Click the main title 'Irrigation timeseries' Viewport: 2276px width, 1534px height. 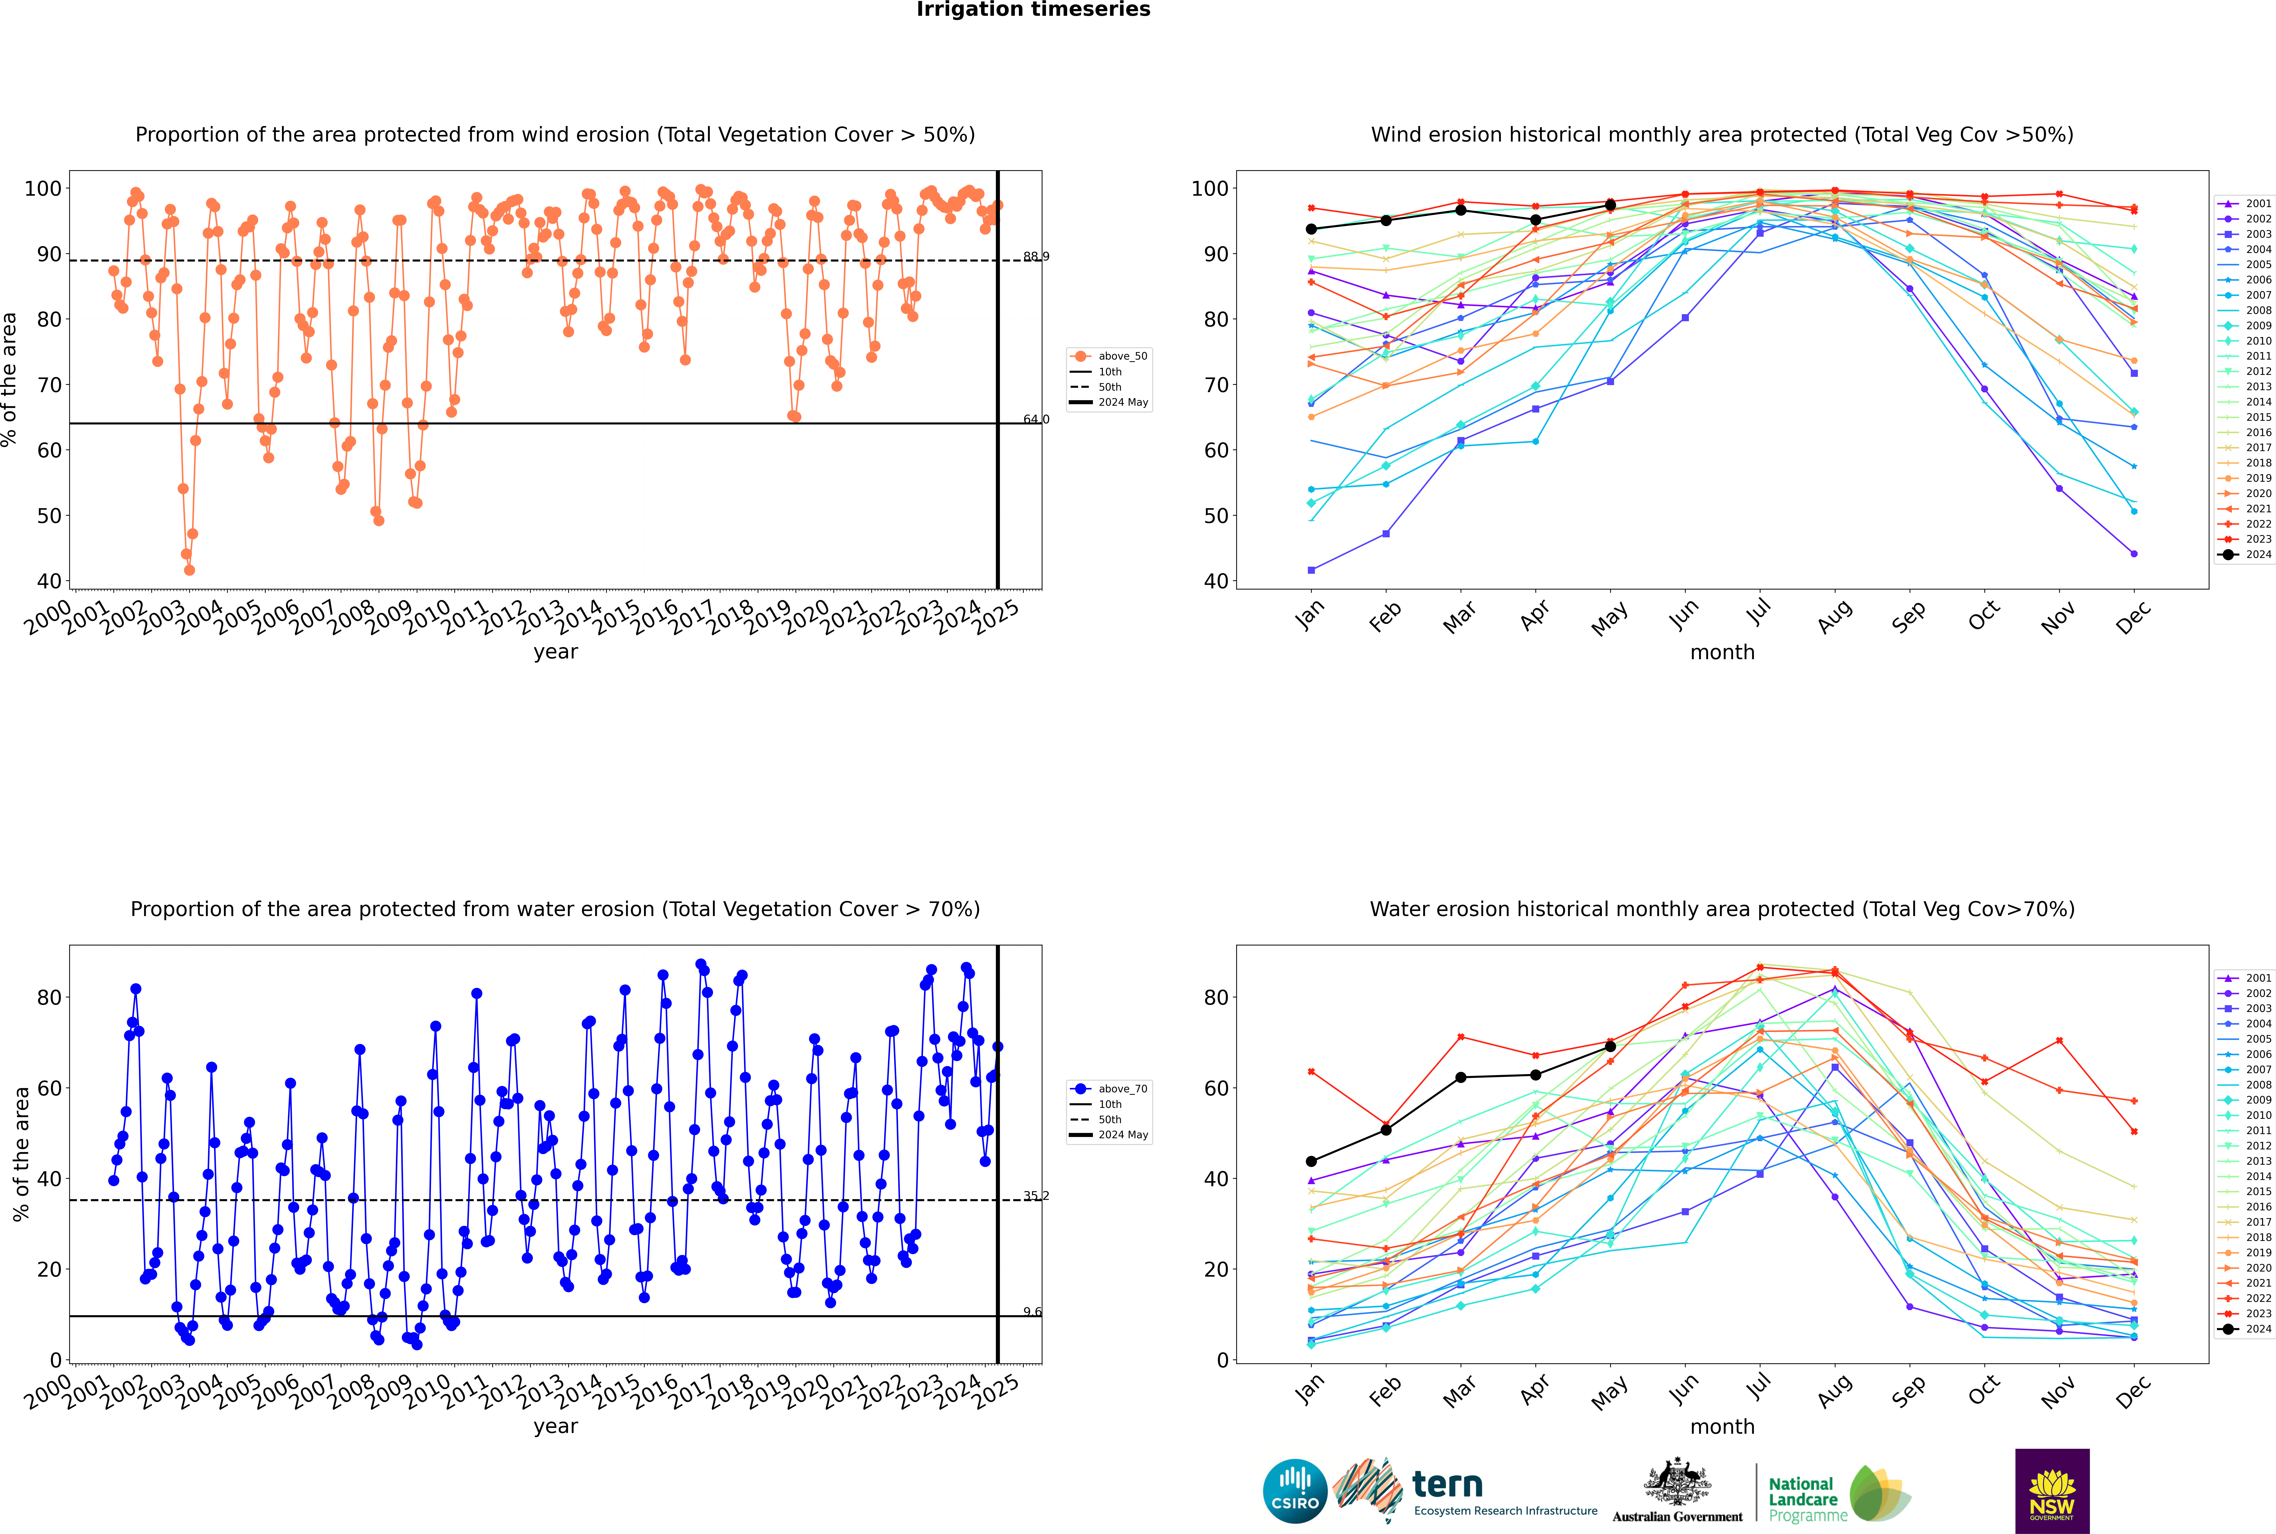click(x=1033, y=10)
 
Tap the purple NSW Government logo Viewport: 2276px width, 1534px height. click(x=2052, y=1491)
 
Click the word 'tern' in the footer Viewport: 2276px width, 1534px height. click(x=1447, y=1484)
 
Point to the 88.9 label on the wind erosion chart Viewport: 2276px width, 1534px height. click(x=1036, y=256)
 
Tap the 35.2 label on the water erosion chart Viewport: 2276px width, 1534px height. click(x=1036, y=1196)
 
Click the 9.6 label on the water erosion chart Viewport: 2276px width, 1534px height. click(x=1032, y=1312)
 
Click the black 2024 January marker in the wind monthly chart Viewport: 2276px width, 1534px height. click(x=1311, y=229)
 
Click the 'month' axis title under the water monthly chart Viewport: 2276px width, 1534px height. click(x=1722, y=1426)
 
